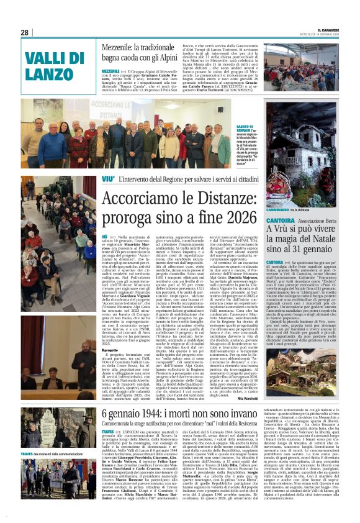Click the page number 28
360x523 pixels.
tap(25, 32)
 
